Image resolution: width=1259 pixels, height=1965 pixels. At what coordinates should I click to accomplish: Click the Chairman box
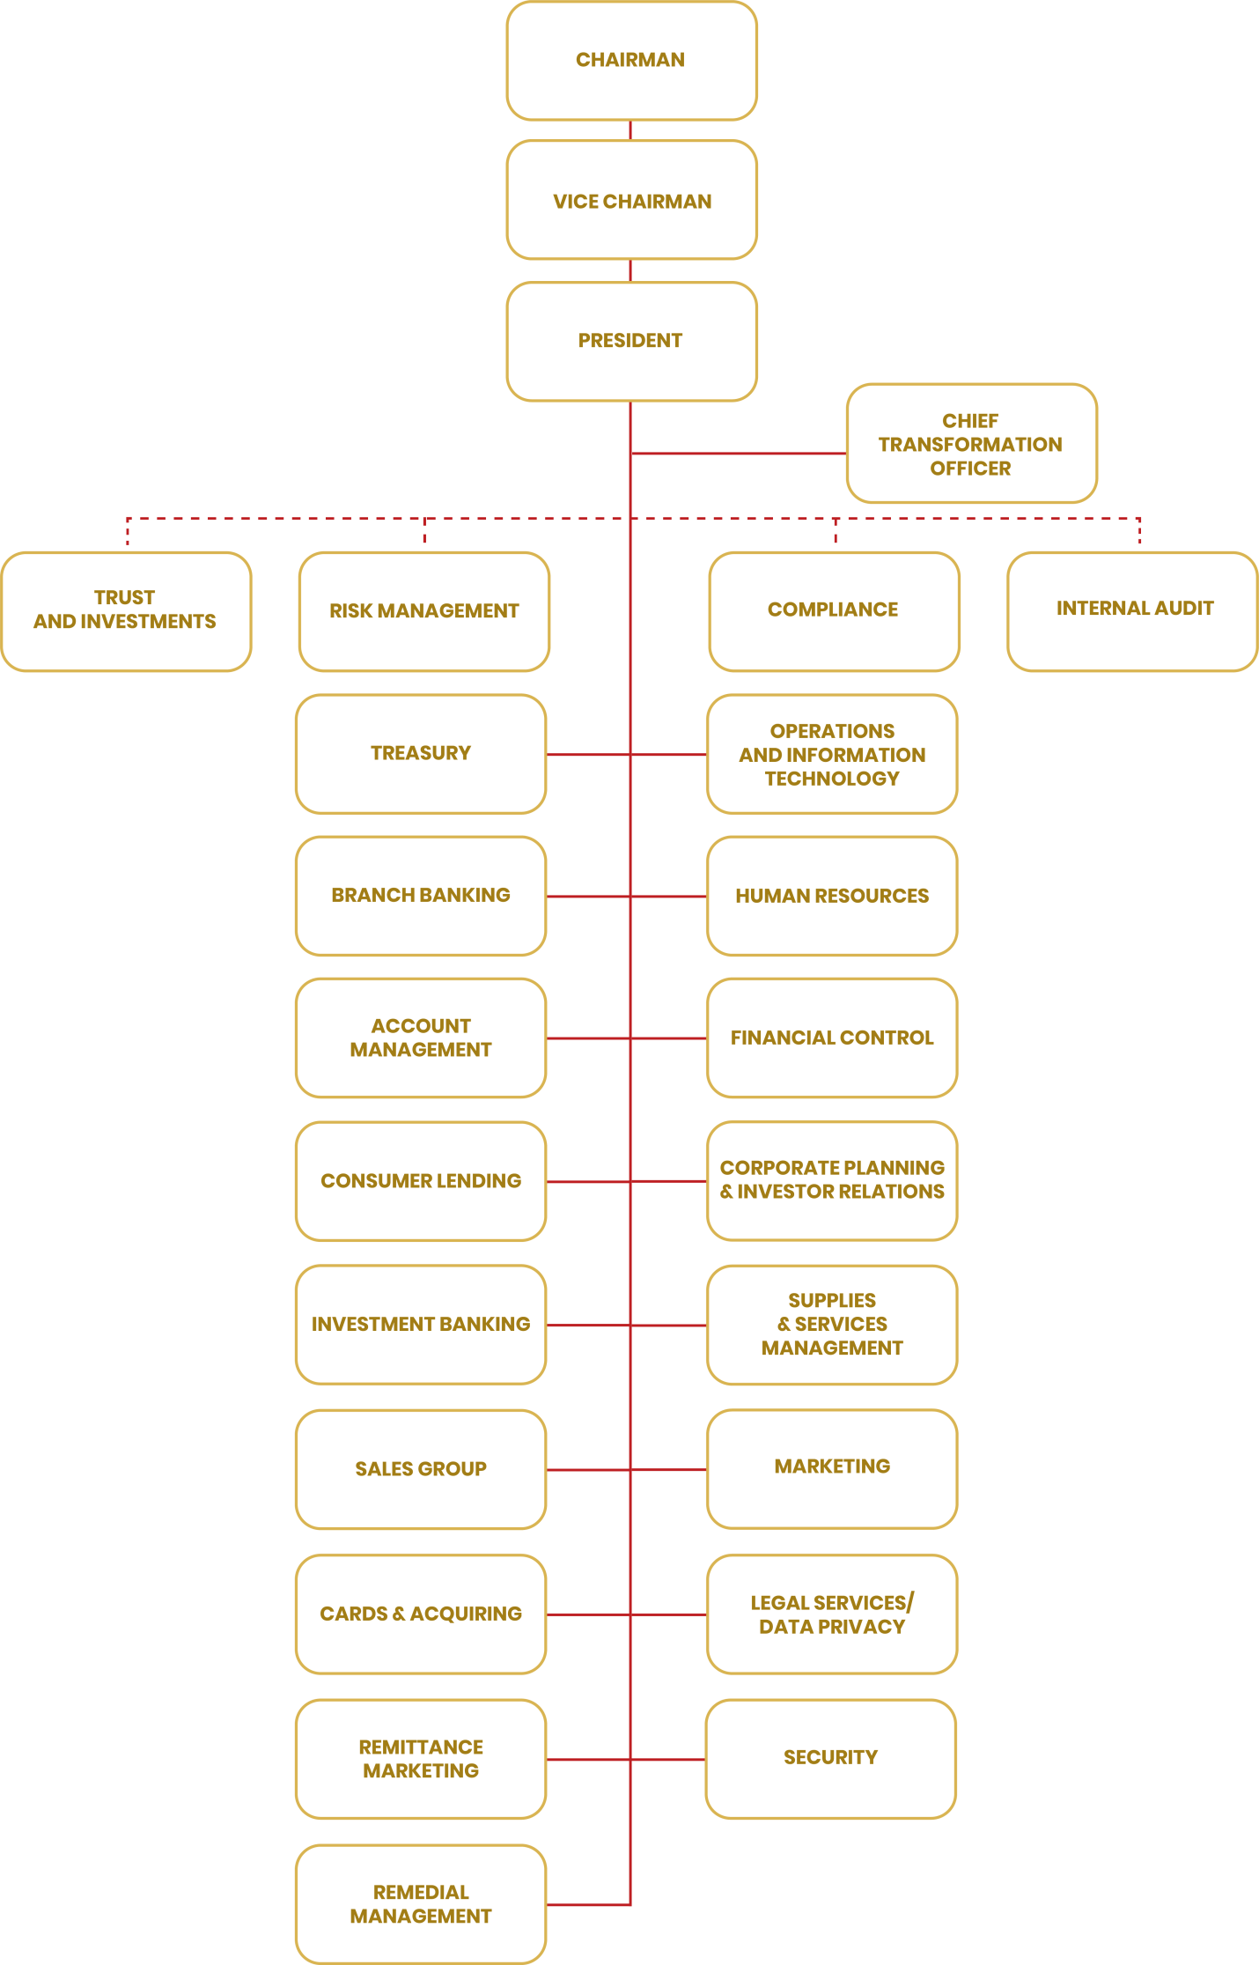[x=631, y=60]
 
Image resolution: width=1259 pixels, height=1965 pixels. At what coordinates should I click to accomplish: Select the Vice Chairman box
[x=631, y=200]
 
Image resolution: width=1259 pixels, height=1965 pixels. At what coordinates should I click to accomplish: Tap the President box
[x=631, y=341]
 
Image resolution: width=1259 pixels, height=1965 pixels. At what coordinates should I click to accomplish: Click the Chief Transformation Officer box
[x=971, y=443]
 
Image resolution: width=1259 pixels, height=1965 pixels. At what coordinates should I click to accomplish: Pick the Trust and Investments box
[x=126, y=610]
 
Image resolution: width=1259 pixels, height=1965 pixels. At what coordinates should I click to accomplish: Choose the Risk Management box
[x=423, y=610]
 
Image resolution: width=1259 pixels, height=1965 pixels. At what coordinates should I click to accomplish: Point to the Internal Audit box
[x=1133, y=610]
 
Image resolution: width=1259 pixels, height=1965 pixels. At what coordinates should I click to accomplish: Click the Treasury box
[x=421, y=753]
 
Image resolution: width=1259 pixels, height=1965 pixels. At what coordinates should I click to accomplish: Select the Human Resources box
[x=831, y=896]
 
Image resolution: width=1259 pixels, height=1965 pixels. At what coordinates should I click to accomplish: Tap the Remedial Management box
[x=421, y=1903]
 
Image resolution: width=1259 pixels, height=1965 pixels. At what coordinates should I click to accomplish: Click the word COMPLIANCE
[x=833, y=609]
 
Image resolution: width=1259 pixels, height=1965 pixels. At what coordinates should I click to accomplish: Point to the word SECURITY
[x=830, y=1757]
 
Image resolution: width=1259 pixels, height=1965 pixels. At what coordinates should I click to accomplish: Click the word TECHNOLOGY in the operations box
[x=832, y=779]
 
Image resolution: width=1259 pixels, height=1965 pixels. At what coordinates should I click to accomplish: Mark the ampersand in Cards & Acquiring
[x=399, y=1614]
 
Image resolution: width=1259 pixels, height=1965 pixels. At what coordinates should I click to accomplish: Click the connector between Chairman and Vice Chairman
[x=630, y=129]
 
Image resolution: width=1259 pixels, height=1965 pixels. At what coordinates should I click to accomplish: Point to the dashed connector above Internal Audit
[x=1139, y=530]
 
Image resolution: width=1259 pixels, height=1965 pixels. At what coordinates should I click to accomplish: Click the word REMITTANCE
[x=421, y=1747]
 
